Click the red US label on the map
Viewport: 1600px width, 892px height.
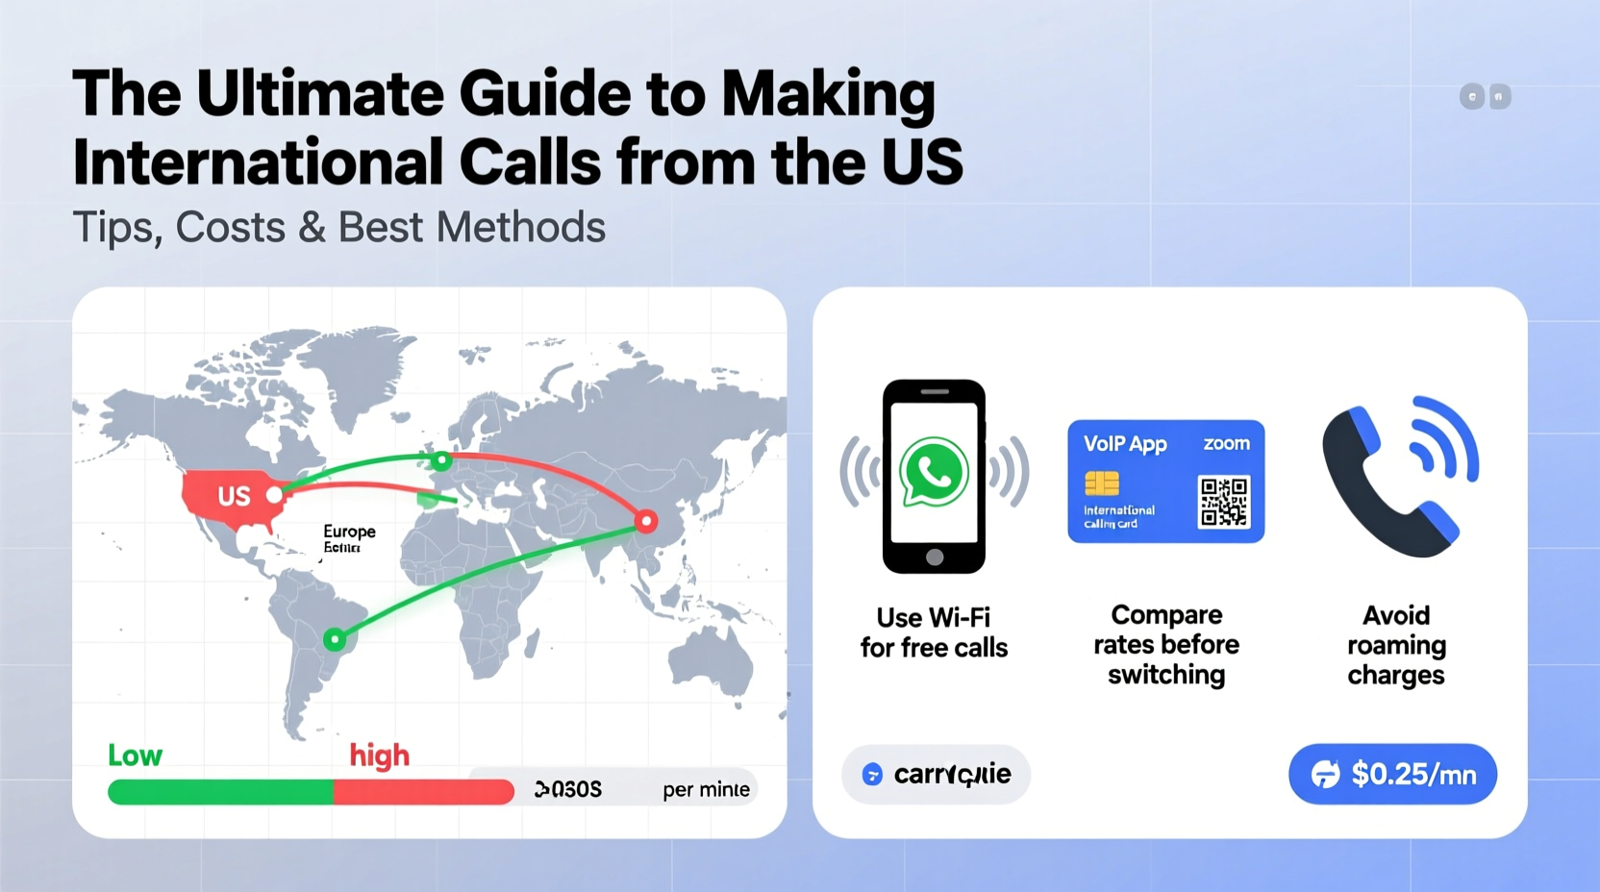coord(234,496)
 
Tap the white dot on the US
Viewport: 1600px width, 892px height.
coord(275,495)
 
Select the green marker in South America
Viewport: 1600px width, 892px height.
coord(334,639)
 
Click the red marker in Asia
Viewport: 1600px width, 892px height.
coord(646,522)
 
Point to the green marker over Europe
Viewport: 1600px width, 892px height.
coord(441,461)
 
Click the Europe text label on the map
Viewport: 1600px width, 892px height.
coord(349,532)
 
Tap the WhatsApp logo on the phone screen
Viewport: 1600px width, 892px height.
coord(933,471)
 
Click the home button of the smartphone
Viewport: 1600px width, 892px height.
coord(934,557)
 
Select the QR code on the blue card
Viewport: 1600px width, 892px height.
coord(1223,502)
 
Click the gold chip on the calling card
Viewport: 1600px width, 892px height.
coord(1102,483)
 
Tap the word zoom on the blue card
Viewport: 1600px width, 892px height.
coord(1226,443)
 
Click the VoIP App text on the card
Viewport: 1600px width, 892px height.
coord(1125,444)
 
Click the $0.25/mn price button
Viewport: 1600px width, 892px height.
coord(1392,774)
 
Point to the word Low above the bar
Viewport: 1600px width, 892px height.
coord(135,756)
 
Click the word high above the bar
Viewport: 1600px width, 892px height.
coord(379,756)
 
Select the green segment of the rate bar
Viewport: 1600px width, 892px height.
coord(220,792)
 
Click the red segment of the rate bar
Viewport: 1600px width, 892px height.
coord(423,792)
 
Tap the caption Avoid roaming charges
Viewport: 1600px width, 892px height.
coord(1396,645)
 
